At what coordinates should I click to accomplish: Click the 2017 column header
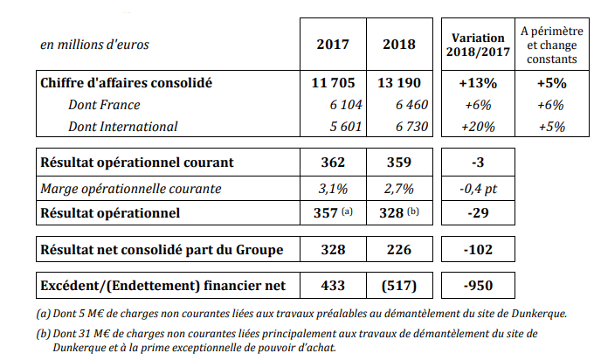click(333, 45)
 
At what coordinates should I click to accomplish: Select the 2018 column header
click(399, 45)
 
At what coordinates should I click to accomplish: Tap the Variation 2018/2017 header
click(478, 45)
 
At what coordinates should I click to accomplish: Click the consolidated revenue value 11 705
click(333, 83)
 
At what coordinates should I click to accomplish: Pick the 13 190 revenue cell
click(399, 83)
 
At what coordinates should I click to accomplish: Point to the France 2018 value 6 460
click(411, 105)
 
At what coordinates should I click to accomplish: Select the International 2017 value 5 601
click(346, 127)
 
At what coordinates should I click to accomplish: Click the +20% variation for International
click(478, 127)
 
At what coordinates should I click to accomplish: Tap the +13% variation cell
click(478, 83)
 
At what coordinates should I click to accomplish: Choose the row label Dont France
click(104, 105)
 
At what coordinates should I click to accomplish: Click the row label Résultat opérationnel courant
click(137, 163)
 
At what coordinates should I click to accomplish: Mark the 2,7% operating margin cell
click(399, 189)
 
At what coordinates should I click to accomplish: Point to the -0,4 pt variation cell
click(478, 189)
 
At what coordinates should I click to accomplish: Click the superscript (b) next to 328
click(413, 211)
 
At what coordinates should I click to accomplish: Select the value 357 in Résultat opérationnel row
click(326, 213)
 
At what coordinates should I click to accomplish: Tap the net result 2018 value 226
click(399, 250)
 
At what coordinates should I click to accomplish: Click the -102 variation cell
click(478, 250)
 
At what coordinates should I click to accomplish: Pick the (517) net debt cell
click(399, 286)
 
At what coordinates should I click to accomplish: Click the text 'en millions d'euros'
click(94, 45)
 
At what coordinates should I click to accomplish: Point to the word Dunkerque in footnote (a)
click(539, 314)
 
